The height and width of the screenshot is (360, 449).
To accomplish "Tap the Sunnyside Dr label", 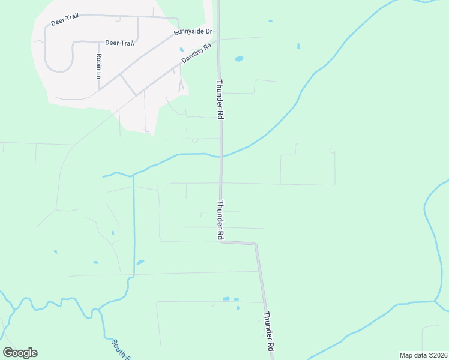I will coord(193,31).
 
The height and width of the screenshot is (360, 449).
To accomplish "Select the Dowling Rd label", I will coord(198,53).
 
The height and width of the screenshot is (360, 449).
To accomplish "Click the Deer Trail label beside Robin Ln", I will coord(119,43).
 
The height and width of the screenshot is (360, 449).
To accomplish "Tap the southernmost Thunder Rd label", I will coord(269,331).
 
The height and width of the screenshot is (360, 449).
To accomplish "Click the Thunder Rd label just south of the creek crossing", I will coord(220,220).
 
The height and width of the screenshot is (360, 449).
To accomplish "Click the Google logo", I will coord(20,352).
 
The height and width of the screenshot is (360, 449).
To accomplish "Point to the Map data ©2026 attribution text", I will coord(423,355).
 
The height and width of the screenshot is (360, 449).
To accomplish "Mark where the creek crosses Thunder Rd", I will coord(221,157).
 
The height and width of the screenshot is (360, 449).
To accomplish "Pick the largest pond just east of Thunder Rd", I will coord(239,59).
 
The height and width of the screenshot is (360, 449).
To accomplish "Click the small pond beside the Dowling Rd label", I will coord(182,50).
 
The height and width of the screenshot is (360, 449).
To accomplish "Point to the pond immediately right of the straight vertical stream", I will coord(140,262).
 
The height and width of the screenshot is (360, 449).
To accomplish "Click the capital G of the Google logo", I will coord(8,352).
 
